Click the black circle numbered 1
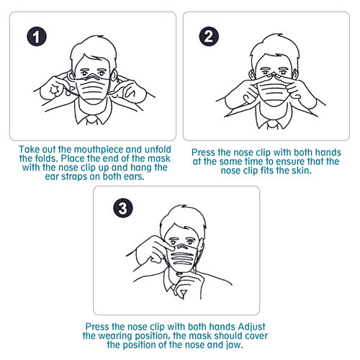[x=33, y=36]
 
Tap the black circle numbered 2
[x=207, y=36]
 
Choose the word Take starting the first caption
[x=30, y=148]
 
